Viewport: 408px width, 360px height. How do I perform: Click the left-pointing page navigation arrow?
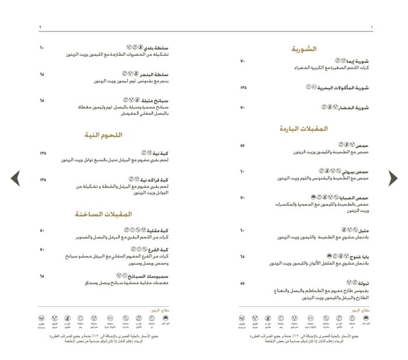[16, 178]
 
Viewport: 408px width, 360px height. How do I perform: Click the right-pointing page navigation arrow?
[393, 178]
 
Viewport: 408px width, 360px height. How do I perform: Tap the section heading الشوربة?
[312, 50]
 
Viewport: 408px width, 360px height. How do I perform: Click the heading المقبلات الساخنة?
[103, 214]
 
